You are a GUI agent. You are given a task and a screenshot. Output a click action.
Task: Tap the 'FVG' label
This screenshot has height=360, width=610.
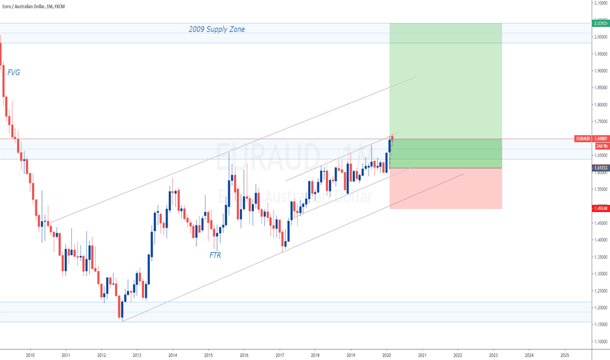tap(14, 73)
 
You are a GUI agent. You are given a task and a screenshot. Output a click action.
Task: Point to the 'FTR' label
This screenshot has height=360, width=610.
tap(215, 255)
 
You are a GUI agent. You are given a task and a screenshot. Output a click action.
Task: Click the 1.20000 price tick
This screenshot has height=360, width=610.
tap(600, 308)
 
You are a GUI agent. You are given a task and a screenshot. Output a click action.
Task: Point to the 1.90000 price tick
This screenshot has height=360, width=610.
tap(600, 71)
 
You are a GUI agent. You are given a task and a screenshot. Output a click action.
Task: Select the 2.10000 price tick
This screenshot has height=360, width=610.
tap(600, 3)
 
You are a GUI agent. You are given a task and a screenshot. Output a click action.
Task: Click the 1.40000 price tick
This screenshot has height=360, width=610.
tap(600, 240)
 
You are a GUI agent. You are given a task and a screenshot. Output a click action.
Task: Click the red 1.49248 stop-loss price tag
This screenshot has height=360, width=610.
tap(600, 208)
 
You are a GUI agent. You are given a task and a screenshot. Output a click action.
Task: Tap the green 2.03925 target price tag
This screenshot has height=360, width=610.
tap(600, 23)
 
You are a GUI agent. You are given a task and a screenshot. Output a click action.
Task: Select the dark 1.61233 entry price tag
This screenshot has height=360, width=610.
tap(600, 168)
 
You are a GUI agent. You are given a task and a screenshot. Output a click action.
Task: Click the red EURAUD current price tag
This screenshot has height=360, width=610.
tap(591, 139)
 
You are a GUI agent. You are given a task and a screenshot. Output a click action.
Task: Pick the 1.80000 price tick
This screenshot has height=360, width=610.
tap(600, 105)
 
